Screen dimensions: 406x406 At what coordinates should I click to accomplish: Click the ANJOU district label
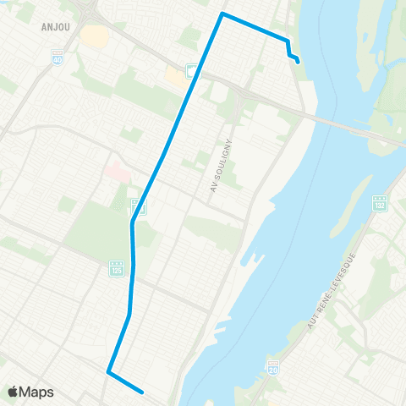(56, 25)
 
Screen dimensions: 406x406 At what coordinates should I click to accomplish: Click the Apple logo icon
(14, 392)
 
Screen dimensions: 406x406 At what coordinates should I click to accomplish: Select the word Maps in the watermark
(37, 392)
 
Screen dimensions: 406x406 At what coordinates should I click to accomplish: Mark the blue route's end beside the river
(299, 60)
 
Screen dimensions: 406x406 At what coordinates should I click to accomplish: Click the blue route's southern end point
(143, 391)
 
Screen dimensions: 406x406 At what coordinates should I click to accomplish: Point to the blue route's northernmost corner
(222, 14)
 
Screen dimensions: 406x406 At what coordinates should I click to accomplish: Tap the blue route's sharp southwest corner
(108, 370)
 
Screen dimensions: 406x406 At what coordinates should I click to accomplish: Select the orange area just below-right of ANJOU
(96, 36)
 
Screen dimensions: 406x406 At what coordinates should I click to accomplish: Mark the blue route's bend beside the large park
(132, 223)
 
